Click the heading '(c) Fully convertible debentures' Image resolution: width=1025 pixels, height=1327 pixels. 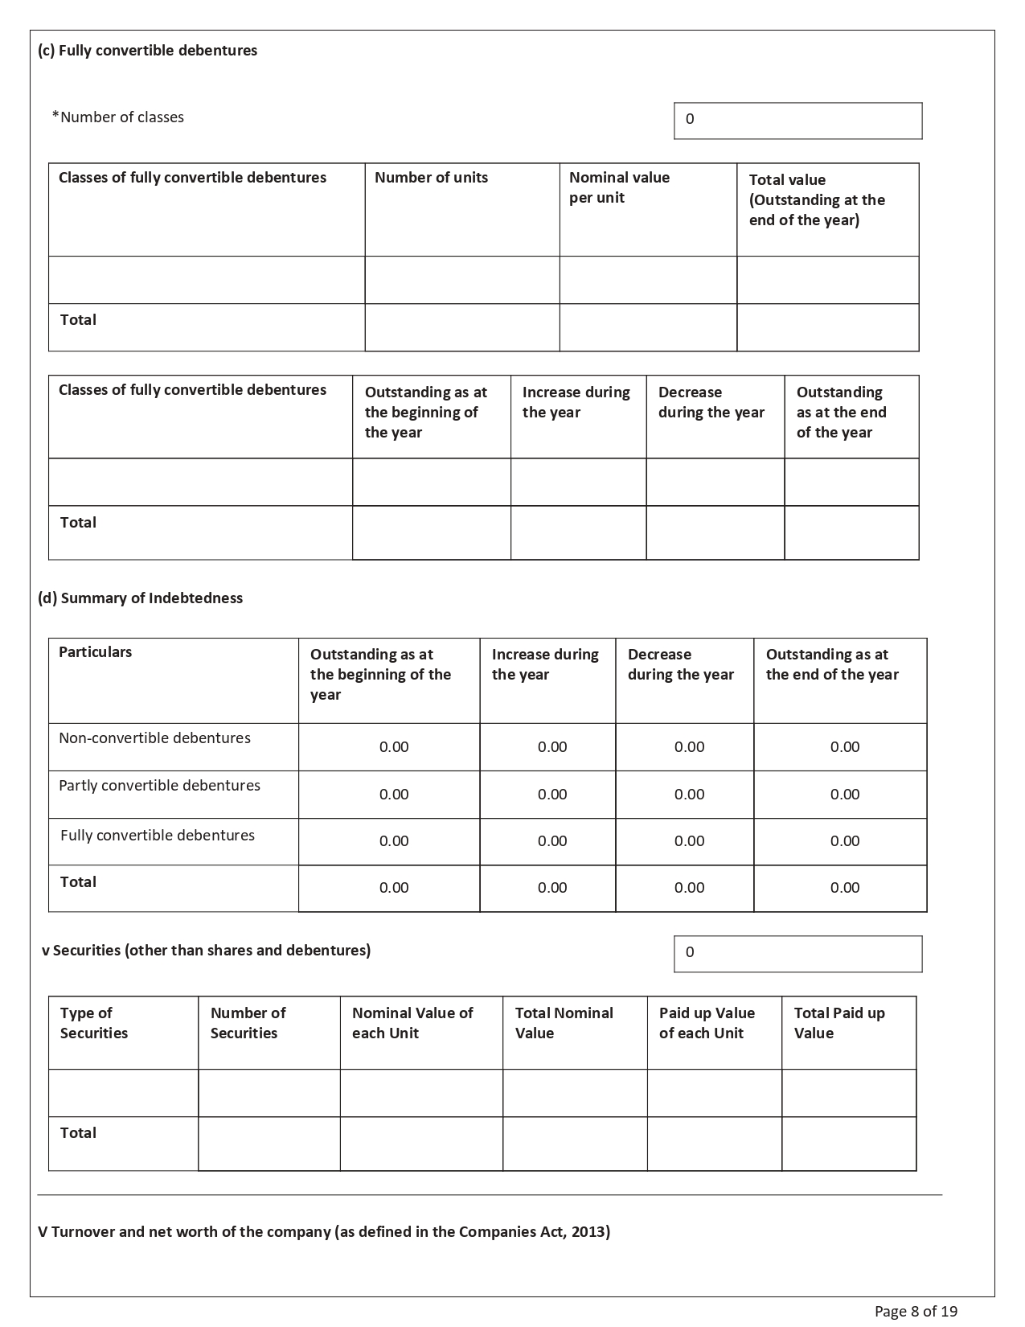pyautogui.click(x=147, y=51)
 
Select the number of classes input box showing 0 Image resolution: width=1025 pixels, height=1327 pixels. pyautogui.click(x=797, y=121)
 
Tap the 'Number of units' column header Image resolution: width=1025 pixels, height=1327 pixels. pyautogui.click(x=431, y=178)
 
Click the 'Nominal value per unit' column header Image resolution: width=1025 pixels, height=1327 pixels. pyautogui.click(x=619, y=187)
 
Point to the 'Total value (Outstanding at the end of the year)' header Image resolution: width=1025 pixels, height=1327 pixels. pyautogui.click(x=817, y=200)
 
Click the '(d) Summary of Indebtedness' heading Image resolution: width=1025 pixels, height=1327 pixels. pyautogui.click(x=140, y=598)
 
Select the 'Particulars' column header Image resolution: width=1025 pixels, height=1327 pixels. pyautogui.click(x=95, y=652)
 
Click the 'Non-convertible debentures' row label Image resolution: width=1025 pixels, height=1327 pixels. pyautogui.click(x=154, y=738)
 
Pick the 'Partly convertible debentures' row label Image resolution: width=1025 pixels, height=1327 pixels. pyautogui.click(x=159, y=786)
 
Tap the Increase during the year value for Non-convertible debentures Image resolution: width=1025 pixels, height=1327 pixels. pyautogui.click(x=552, y=747)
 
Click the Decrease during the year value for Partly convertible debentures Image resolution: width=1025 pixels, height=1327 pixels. pyautogui.click(x=689, y=795)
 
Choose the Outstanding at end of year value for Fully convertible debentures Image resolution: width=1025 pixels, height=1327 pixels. pyautogui.click(x=845, y=841)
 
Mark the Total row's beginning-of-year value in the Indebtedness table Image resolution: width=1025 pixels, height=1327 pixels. pyautogui.click(x=394, y=888)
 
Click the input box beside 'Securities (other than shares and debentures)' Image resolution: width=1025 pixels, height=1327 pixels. pyautogui.click(x=797, y=954)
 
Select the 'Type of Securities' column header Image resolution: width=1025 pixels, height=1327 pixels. pyautogui.click(x=93, y=1023)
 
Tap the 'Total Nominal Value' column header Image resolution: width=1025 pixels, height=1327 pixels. pyautogui.click(x=564, y=1023)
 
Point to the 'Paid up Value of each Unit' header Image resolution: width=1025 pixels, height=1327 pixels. pyautogui.click(x=707, y=1023)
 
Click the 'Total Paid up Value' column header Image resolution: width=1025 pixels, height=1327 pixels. pyautogui.click(x=839, y=1023)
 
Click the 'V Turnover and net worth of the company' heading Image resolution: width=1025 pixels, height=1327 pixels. pyautogui.click(x=324, y=1232)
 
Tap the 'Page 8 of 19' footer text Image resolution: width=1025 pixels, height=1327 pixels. pyautogui.click(x=916, y=1312)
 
